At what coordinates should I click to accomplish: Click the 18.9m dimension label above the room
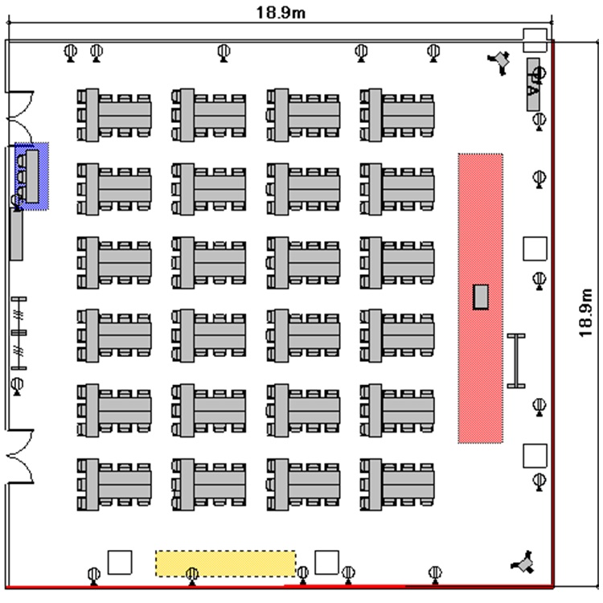[281, 12]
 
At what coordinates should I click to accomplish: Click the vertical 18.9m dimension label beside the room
[585, 313]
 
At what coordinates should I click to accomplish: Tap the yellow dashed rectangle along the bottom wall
[226, 564]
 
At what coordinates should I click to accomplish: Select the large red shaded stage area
[480, 298]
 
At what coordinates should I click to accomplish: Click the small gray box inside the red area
[481, 297]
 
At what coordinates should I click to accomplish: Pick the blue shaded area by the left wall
[32, 176]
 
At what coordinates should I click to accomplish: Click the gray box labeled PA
[533, 84]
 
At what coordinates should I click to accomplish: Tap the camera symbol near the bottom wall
[523, 563]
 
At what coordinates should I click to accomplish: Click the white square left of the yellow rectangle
[120, 562]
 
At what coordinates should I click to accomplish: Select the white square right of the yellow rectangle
[327, 562]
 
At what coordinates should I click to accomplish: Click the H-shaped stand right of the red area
[516, 361]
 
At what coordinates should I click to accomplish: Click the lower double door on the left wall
[20, 456]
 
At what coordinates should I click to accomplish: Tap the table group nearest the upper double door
[114, 115]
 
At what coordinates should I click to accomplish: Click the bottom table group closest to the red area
[397, 485]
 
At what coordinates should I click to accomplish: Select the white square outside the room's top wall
[535, 40]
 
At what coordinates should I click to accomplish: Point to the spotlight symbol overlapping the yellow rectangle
[192, 576]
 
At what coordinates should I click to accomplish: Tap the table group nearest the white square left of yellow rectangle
[114, 485]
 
